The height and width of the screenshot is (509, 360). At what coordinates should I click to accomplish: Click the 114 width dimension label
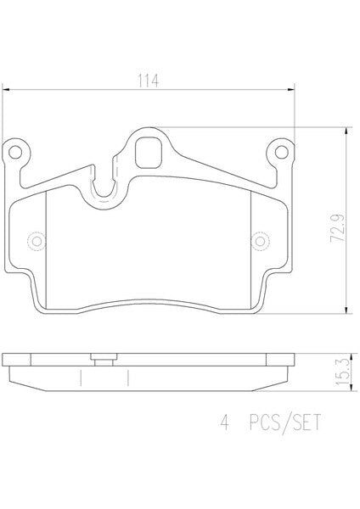pyautogui.click(x=149, y=81)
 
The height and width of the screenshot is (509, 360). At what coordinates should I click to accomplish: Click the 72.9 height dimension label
pyautogui.click(x=338, y=228)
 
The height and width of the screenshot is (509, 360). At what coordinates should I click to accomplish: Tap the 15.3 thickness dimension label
pyautogui.click(x=342, y=372)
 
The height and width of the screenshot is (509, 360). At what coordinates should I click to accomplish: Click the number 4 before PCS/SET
pyautogui.click(x=224, y=423)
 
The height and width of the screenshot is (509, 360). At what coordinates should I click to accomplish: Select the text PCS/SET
pyautogui.click(x=285, y=423)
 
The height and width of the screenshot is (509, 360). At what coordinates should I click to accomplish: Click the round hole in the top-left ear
pyautogui.click(x=15, y=152)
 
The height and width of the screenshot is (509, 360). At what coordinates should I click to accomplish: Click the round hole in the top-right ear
pyautogui.click(x=281, y=152)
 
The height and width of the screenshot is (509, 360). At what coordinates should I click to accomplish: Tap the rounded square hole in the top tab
pyautogui.click(x=148, y=153)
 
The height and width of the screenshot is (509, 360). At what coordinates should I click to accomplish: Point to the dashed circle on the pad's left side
pyautogui.click(x=37, y=241)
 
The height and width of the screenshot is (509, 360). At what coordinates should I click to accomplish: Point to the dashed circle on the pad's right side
pyautogui.click(x=260, y=241)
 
